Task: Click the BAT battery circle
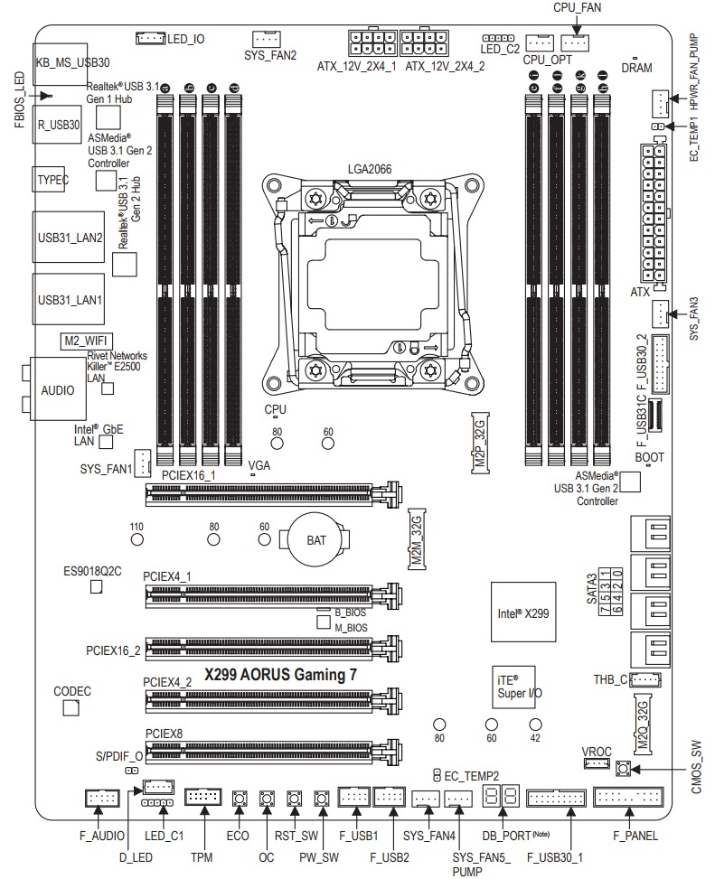pos(317,540)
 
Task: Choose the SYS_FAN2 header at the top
pos(266,38)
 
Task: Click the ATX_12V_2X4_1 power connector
pos(368,42)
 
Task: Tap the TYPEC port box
pos(52,180)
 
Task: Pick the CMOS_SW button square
pos(623,770)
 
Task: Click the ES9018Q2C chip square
pos(98,587)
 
